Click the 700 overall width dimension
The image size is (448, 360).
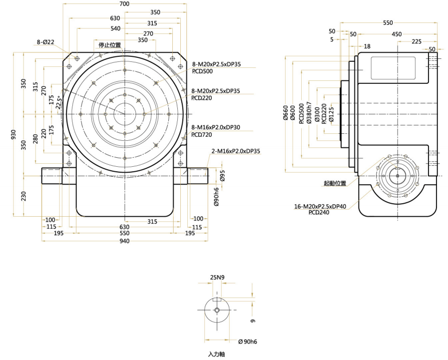(x=124, y=4)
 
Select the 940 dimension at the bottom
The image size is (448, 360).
(x=124, y=241)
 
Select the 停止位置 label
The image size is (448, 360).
(x=109, y=45)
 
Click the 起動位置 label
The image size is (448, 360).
(x=335, y=183)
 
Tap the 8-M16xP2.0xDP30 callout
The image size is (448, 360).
(x=215, y=128)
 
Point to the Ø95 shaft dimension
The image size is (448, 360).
(x=223, y=176)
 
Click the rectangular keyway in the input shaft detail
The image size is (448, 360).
(x=217, y=300)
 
